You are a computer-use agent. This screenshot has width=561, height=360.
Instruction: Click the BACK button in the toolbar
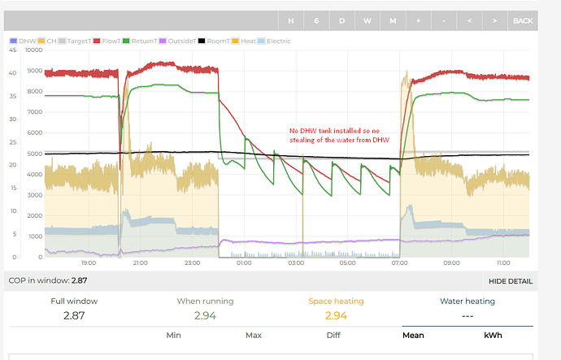pyautogui.click(x=523, y=20)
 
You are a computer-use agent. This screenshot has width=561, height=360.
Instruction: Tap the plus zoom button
pyautogui.click(x=418, y=20)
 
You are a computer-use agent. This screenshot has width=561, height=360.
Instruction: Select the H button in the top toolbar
pyautogui.click(x=291, y=20)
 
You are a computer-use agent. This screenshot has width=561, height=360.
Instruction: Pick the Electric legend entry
pyautogui.click(x=274, y=40)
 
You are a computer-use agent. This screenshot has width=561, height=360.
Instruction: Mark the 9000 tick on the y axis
pyautogui.click(x=34, y=71)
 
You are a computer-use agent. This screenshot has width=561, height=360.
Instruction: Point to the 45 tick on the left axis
pyautogui.click(x=11, y=50)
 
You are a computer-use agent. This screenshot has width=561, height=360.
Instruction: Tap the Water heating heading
pyautogui.click(x=467, y=301)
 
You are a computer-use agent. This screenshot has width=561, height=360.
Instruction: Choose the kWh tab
pyautogui.click(x=493, y=335)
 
